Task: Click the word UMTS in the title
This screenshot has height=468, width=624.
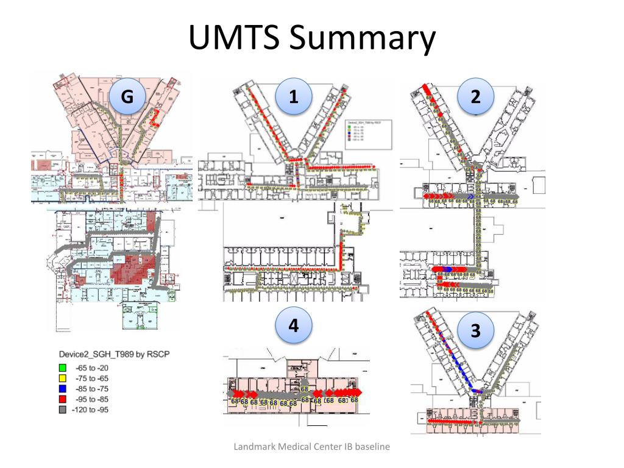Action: coord(235,38)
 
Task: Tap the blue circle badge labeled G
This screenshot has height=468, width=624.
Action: coord(127,96)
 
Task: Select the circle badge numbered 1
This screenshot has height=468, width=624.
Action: coord(293,96)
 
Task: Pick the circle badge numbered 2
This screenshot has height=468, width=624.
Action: coord(475,96)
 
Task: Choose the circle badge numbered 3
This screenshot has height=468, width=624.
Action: coord(475,330)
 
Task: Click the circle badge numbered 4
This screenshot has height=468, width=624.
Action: coord(293,326)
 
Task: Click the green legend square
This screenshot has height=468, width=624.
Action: coord(63,367)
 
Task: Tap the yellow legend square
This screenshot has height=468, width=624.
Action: coord(63,378)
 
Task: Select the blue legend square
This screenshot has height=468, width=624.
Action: coord(63,389)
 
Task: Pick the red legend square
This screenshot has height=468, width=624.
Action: coord(63,399)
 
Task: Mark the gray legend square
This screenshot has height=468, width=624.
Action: coord(63,409)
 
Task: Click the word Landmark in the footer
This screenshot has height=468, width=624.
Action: coord(253,447)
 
